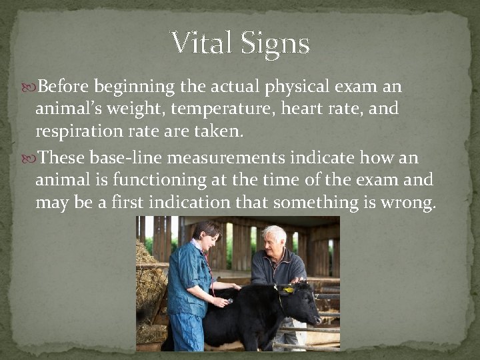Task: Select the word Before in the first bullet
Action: point(65,87)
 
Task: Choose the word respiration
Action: point(78,131)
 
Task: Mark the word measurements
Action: point(227,158)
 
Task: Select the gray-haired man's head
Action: point(273,238)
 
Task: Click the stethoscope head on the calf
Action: point(228,301)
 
